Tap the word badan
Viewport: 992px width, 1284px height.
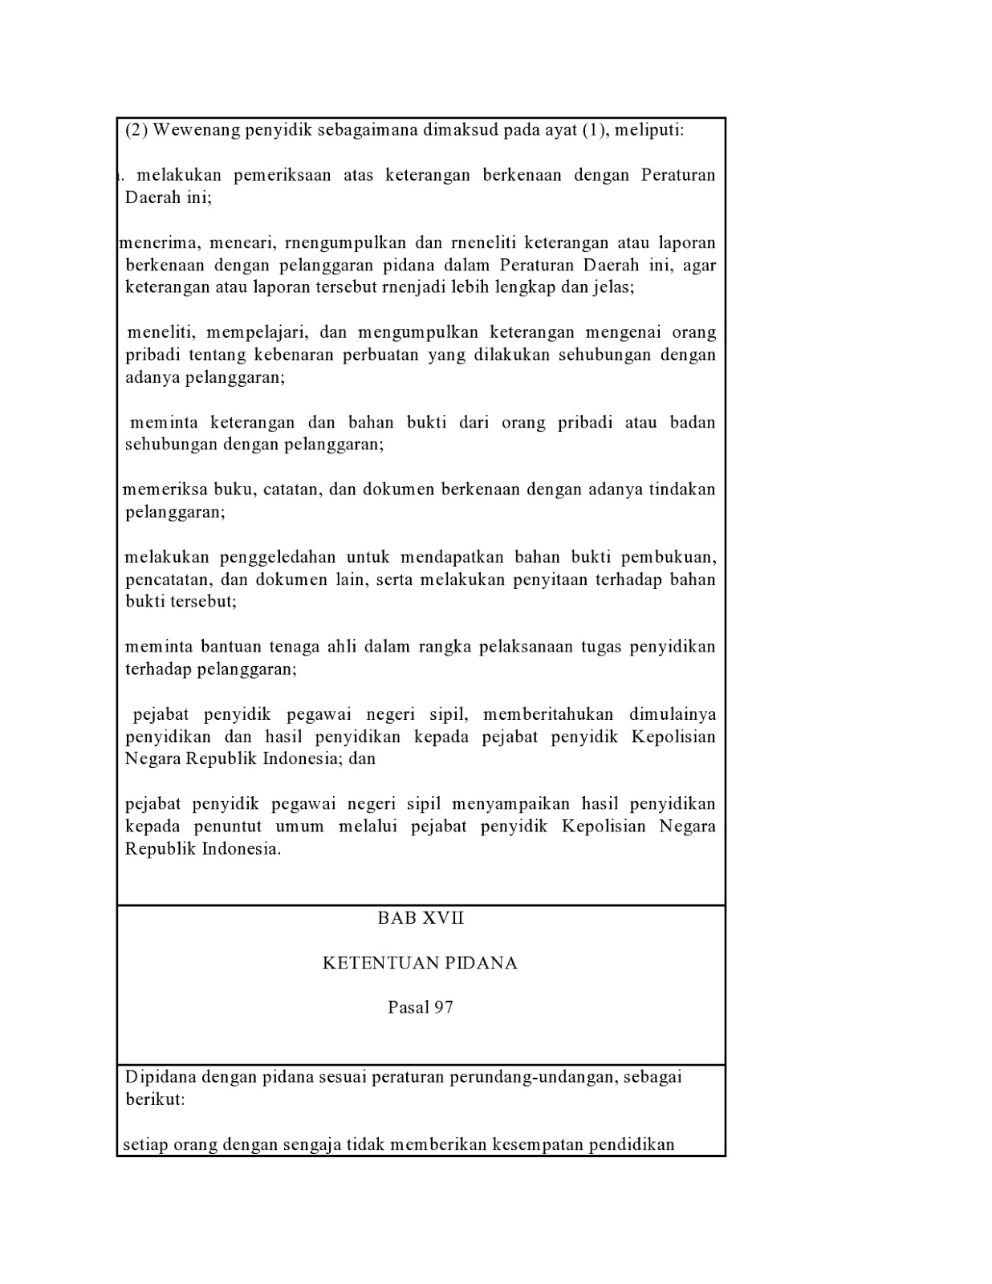[x=692, y=422]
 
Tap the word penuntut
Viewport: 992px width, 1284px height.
[x=228, y=827]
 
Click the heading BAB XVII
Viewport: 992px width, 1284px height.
[x=421, y=918]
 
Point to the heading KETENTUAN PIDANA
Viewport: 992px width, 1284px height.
[x=420, y=963]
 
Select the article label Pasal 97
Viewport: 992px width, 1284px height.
[x=421, y=1008]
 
